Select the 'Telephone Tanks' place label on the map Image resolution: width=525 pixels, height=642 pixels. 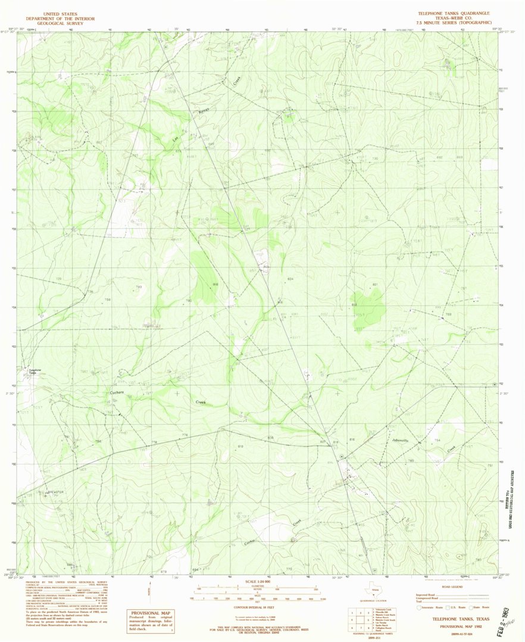(35, 371)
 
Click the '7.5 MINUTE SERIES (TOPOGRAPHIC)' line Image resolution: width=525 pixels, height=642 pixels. (459, 22)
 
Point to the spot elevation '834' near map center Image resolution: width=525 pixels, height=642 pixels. (290, 279)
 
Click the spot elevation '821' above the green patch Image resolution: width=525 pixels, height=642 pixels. (376, 285)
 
